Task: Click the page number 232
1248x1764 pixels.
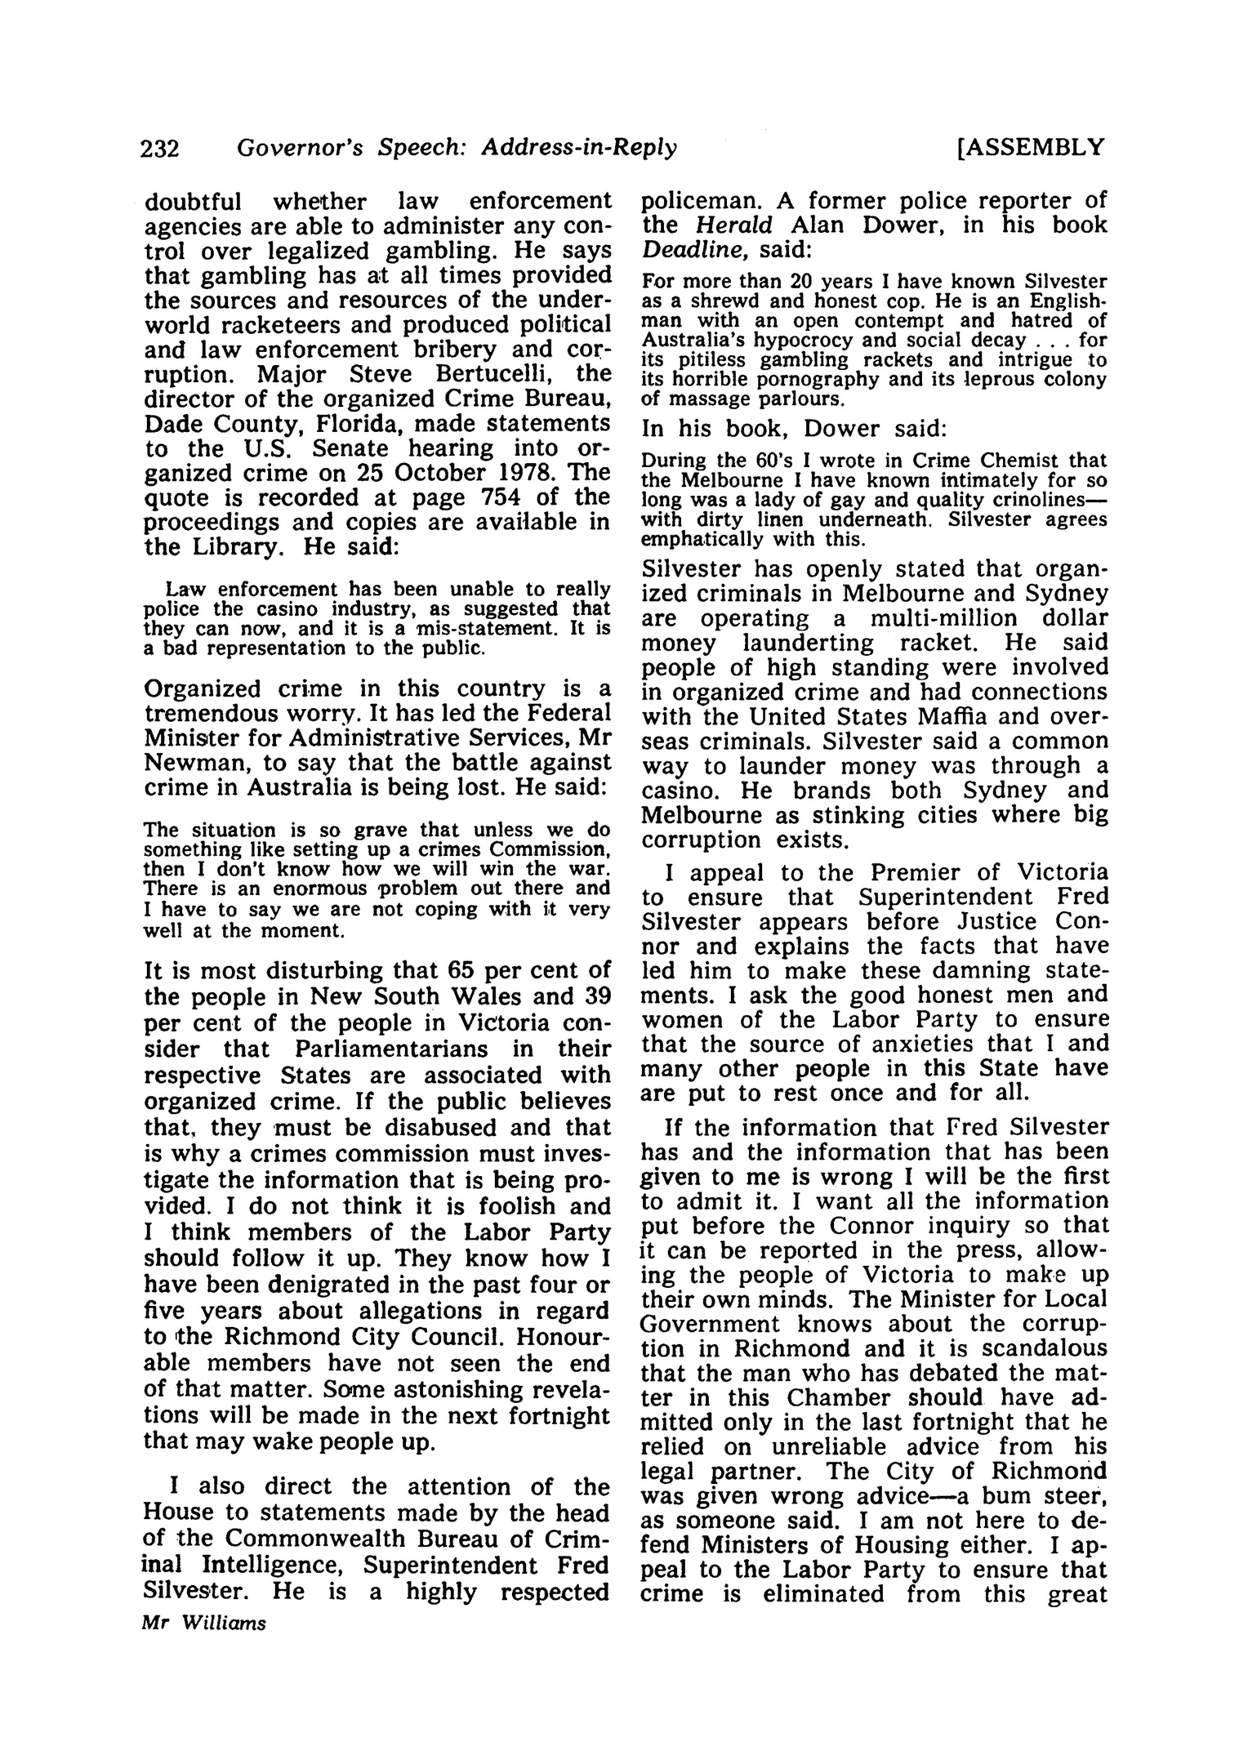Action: [160, 149]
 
